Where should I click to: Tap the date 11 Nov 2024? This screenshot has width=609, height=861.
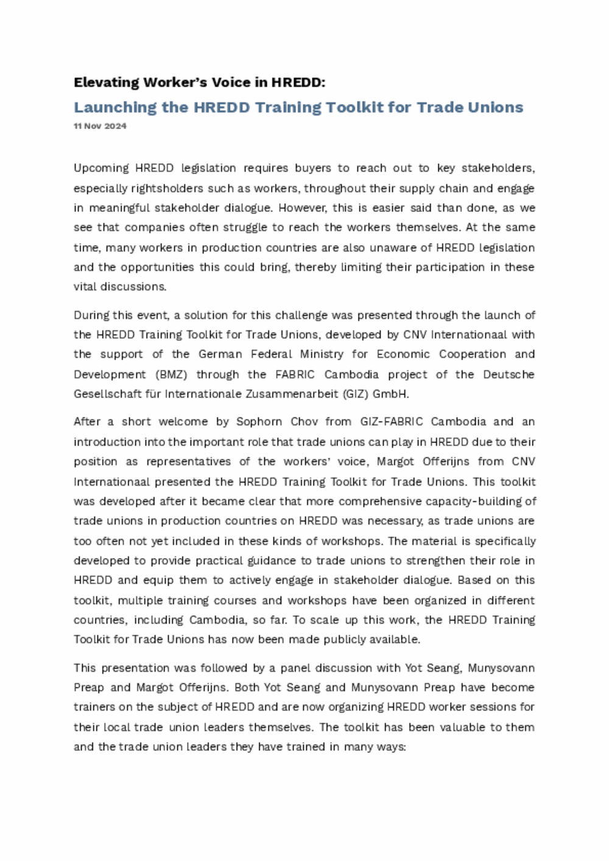100,126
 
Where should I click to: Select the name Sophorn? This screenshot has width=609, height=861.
259,421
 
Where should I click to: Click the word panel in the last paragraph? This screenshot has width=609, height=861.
295,668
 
